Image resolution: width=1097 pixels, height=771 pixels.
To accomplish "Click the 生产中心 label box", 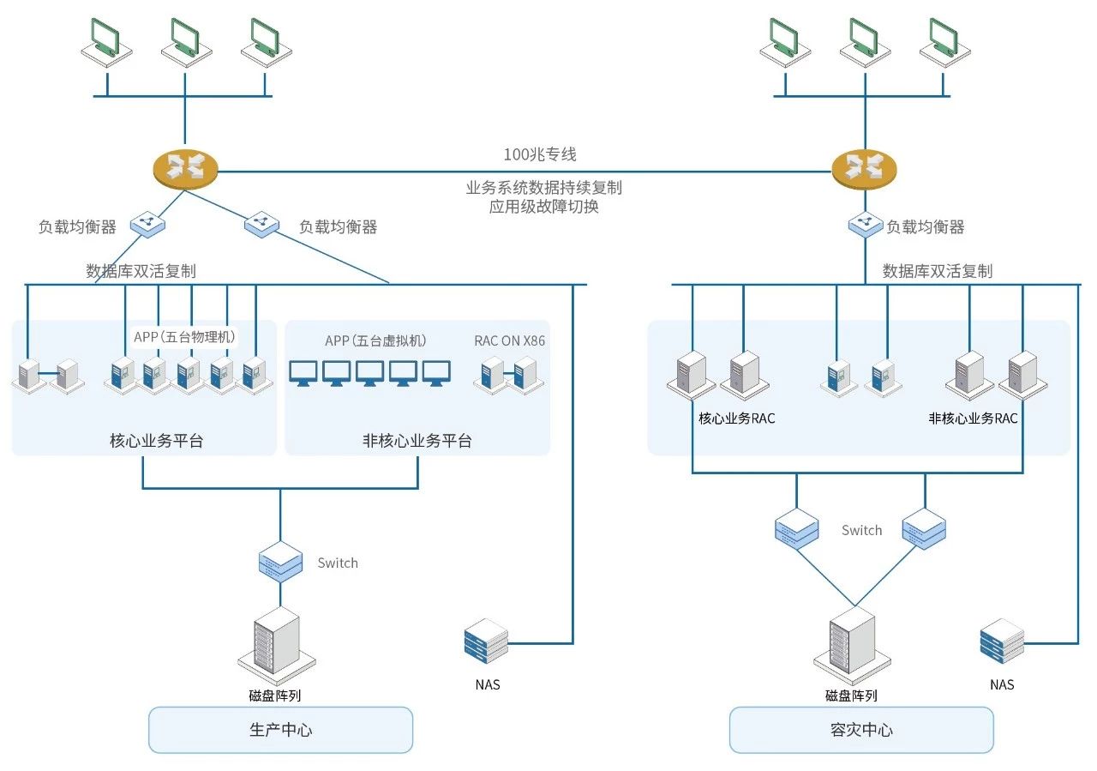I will point(280,730).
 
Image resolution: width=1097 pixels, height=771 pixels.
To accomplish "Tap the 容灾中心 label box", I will point(861,730).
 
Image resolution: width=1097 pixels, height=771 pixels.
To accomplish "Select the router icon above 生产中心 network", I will point(185,167).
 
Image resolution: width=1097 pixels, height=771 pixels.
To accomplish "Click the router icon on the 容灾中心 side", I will point(865,167).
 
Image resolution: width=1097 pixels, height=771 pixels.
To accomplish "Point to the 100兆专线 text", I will point(540,154).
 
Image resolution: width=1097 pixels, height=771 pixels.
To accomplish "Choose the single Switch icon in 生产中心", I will point(280,563).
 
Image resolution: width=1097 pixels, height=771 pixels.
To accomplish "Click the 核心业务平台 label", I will point(157,441).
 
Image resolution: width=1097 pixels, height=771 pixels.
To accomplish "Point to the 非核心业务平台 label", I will point(417,441).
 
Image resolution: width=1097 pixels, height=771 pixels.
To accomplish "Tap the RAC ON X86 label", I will point(509,340).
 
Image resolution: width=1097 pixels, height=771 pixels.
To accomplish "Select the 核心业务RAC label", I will point(737,419).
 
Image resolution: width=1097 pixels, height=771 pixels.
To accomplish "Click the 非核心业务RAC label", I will point(973,419).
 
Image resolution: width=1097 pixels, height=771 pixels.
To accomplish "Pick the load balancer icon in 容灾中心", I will point(865,226).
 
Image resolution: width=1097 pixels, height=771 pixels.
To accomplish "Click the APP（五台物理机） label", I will point(184,336).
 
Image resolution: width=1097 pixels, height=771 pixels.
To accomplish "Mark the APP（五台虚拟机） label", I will point(375,340).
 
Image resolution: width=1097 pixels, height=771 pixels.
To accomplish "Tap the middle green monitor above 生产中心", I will point(185,39).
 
